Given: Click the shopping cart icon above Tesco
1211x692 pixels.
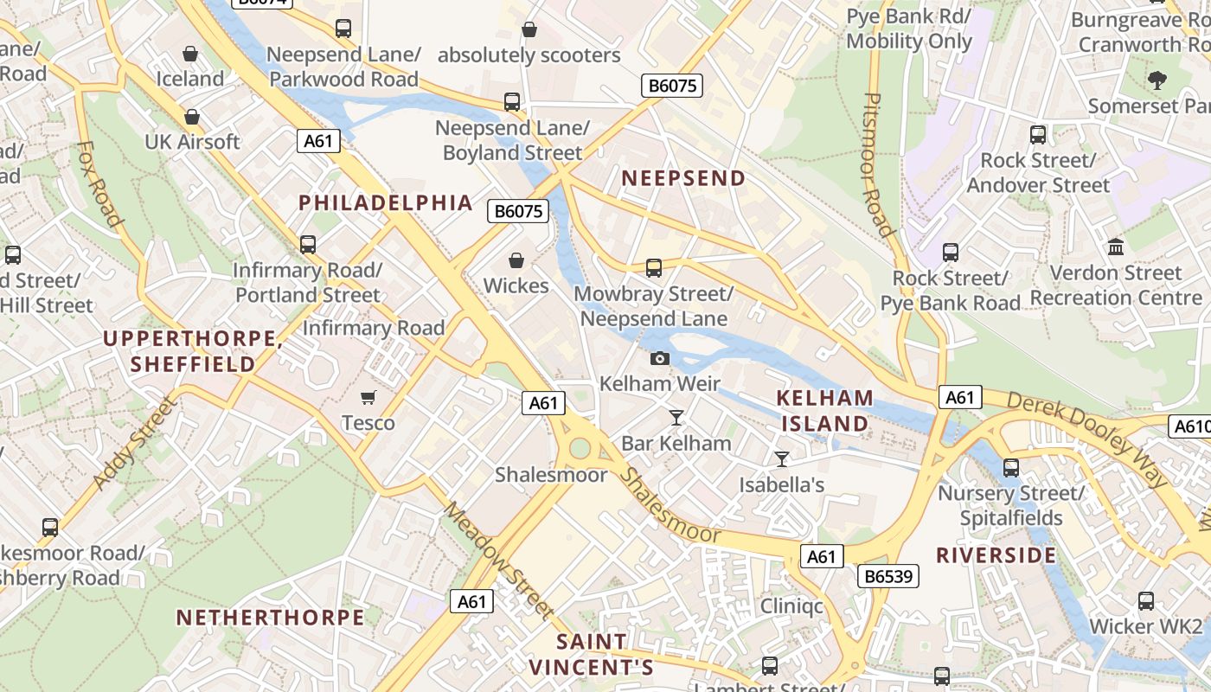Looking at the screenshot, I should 368,398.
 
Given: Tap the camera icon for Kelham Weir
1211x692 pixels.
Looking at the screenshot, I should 660,358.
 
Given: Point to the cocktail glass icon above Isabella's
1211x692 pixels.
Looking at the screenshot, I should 782,459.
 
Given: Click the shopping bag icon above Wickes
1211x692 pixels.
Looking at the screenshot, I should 516,260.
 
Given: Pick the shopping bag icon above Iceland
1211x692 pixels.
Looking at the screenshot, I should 190,54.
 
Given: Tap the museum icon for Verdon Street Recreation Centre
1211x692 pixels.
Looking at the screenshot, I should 1116,247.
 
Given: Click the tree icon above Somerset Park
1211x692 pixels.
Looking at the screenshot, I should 1157,80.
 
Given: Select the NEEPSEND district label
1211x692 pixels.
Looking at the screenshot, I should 683,179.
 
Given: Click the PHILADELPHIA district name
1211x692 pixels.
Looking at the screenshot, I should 386,203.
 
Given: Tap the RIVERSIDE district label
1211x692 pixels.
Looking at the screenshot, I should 996,555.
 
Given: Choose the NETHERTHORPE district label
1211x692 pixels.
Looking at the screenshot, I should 270,618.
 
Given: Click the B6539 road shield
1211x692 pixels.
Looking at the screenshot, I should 887,576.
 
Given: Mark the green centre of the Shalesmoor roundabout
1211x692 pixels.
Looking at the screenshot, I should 579,448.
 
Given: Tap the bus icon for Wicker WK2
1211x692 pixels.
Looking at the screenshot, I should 1146,601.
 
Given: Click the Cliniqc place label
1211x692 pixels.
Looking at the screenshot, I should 791,605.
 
